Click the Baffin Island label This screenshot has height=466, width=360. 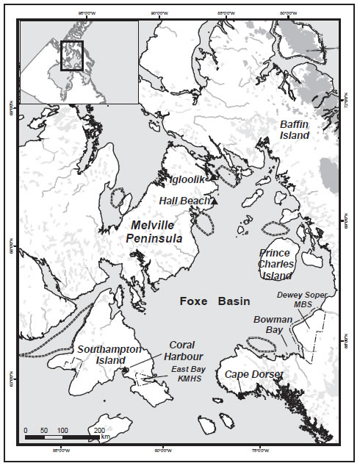pyautogui.click(x=295, y=130)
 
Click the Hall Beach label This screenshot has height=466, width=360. pyautogui.click(x=184, y=200)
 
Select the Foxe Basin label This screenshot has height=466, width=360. pyautogui.click(x=215, y=301)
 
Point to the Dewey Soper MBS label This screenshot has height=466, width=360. pyautogui.click(x=300, y=299)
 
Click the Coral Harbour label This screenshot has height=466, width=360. pyautogui.click(x=181, y=350)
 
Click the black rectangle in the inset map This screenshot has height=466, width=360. pyautogui.click(x=71, y=55)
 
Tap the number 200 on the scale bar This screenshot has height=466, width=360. pyautogui.click(x=100, y=430)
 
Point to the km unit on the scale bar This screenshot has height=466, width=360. pyautogui.click(x=106, y=437)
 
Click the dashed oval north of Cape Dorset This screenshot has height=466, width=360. pyautogui.click(x=262, y=344)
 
